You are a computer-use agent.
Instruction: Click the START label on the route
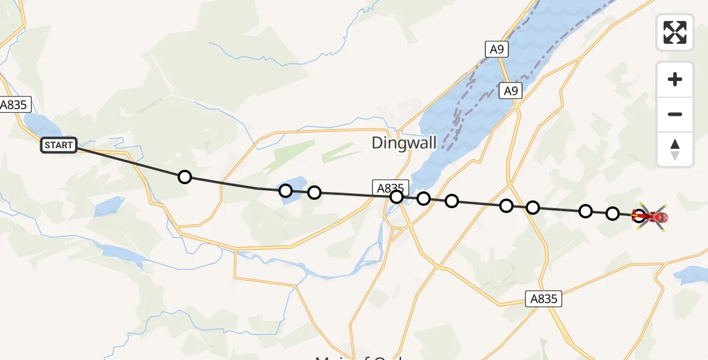[x=59, y=145]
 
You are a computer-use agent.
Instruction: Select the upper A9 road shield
[x=496, y=49]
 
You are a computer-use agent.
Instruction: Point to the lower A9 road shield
[x=511, y=91]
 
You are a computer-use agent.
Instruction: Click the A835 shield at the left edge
[x=13, y=104]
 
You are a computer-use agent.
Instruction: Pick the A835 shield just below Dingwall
[x=390, y=188]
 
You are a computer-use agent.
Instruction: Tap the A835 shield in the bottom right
[x=544, y=299]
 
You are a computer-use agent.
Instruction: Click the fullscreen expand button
[x=675, y=32]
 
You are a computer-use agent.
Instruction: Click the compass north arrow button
[x=675, y=149]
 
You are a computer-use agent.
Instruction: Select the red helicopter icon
[x=652, y=217]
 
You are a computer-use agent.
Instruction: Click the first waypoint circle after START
[x=185, y=176]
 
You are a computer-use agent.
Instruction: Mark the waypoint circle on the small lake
[x=286, y=191]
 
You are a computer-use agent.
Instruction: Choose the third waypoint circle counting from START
[x=314, y=193]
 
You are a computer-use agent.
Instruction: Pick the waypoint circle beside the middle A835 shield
[x=396, y=196]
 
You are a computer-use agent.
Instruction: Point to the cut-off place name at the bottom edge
[x=360, y=356]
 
